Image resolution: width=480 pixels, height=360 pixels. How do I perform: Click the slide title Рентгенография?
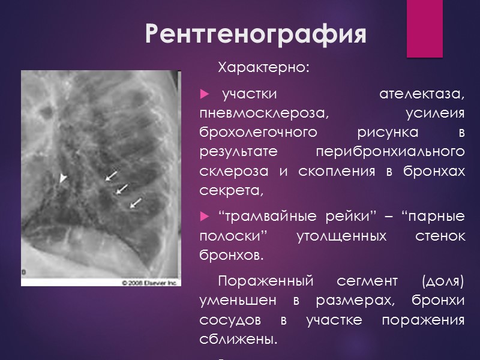256,35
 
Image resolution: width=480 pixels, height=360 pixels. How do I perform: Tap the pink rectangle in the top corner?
424,28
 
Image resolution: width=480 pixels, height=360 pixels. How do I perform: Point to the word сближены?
238,339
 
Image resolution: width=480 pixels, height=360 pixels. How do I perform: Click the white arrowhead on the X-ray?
63,178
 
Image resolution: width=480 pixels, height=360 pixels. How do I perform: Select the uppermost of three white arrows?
111,175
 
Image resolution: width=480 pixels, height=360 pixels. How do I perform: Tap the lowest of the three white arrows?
136,203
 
